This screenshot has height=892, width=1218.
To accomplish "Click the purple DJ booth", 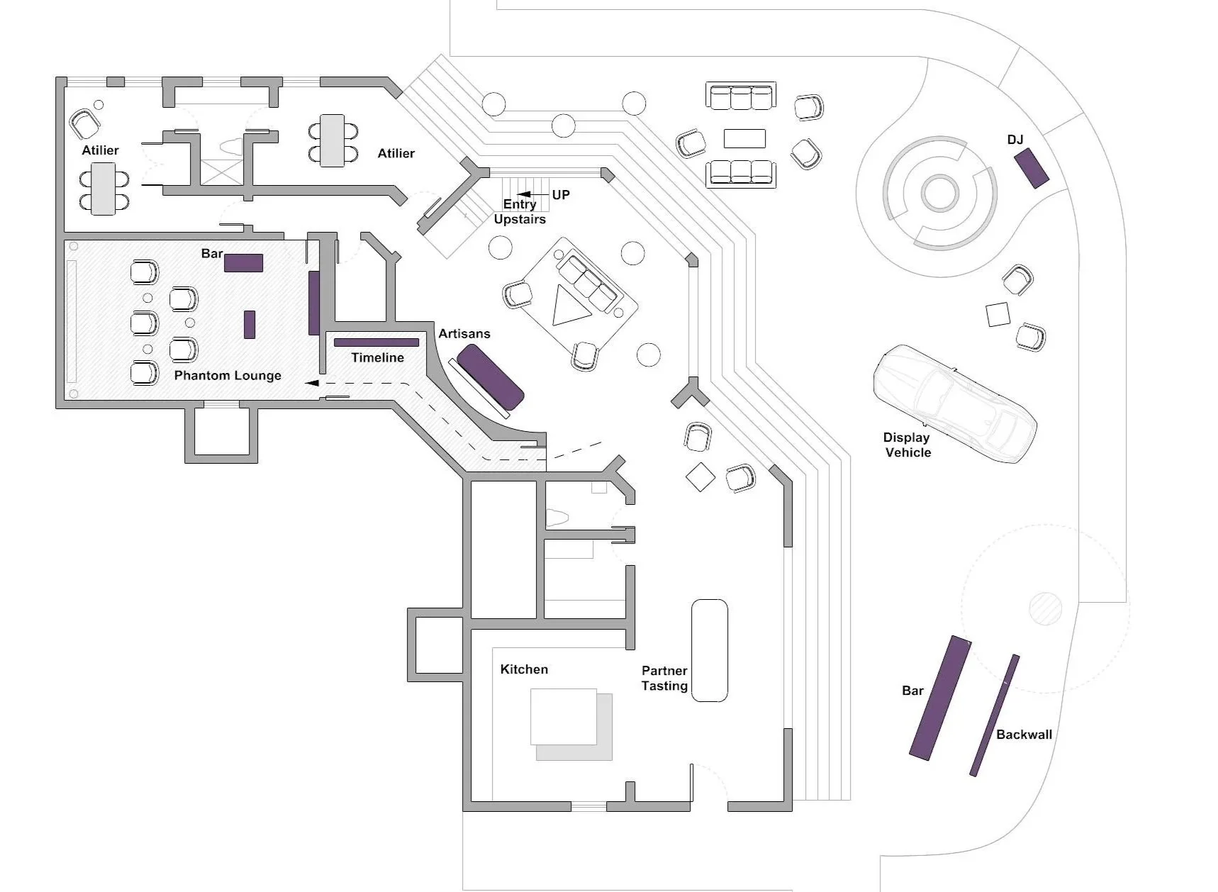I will click(1031, 168).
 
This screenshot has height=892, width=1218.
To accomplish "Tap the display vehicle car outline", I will click(954, 403).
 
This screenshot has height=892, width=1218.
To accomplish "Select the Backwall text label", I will click(1024, 735).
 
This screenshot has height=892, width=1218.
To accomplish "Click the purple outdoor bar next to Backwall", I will click(940, 698).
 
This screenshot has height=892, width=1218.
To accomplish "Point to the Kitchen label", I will click(524, 669).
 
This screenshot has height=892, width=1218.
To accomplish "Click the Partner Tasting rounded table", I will click(710, 650).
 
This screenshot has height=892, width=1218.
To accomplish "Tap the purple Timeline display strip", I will click(376, 342).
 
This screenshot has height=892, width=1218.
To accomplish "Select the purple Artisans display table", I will click(490, 377).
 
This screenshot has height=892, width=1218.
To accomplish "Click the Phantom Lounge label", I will click(228, 375).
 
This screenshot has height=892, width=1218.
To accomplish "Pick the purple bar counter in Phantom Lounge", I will click(244, 263).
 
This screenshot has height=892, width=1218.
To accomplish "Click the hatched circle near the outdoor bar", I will click(1045, 608).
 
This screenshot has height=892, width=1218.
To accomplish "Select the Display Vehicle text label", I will click(907, 445).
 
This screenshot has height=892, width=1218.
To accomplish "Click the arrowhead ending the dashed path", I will click(311, 383).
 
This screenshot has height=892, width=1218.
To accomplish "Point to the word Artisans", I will click(464, 333).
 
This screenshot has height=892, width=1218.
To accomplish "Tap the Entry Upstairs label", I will click(520, 211).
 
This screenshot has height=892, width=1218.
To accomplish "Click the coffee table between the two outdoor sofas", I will click(744, 138).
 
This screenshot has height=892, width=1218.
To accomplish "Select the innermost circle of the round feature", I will click(940, 193).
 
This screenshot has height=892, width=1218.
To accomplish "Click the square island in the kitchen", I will click(564, 716).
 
